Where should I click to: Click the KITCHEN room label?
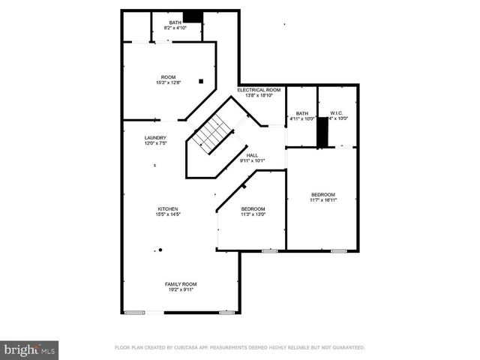(x=167, y=208)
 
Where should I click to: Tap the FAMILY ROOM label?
(x=181, y=283)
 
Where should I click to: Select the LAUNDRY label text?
(x=155, y=138)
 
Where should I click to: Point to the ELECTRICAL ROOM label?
(x=259, y=90)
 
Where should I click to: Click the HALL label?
(x=252, y=155)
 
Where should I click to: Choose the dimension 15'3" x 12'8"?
(x=168, y=82)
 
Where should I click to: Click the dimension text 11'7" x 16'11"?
(x=323, y=200)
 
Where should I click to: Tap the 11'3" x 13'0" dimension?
(x=253, y=214)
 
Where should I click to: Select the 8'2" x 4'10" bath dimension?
(x=175, y=28)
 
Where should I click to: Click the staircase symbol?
(x=211, y=133)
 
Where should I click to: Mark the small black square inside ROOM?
(x=201, y=80)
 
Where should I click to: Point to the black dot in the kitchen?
(x=160, y=250)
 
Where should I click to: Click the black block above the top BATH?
(x=194, y=16)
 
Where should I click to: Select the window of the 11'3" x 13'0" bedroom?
(x=269, y=250)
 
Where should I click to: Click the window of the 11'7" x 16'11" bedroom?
(x=339, y=250)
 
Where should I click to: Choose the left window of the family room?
(x=135, y=312)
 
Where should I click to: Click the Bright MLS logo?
(x=30, y=349)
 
